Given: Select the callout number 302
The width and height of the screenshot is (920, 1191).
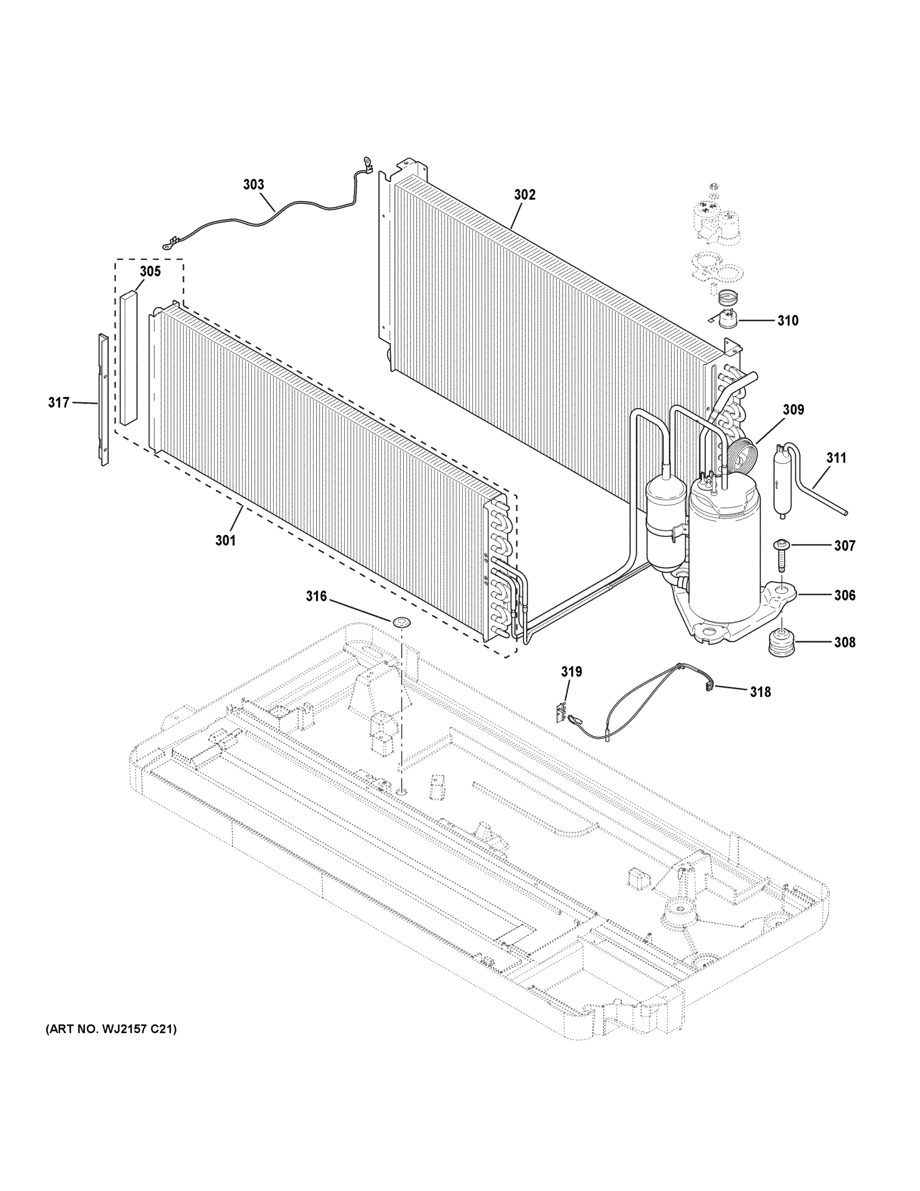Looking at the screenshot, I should point(524,195).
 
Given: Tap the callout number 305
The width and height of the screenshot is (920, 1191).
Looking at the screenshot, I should point(150,271).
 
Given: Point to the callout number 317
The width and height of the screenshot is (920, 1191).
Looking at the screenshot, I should point(59,402).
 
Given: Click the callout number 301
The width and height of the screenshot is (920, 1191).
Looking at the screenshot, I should point(225,540).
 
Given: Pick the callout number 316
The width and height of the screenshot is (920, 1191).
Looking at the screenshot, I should point(316,596).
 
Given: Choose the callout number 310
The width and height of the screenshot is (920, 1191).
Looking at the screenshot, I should point(788,321).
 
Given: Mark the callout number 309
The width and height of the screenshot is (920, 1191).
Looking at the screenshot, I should point(793,409).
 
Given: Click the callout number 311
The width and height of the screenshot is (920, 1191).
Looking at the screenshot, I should point(836,458).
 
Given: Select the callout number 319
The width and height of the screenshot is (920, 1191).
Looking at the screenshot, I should point(572,672).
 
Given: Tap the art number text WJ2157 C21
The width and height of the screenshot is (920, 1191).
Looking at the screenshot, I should point(111,1029).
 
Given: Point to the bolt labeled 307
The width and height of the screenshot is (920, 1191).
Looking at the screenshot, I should point(780,557).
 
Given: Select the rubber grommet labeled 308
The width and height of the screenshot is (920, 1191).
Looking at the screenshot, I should point(781,643).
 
